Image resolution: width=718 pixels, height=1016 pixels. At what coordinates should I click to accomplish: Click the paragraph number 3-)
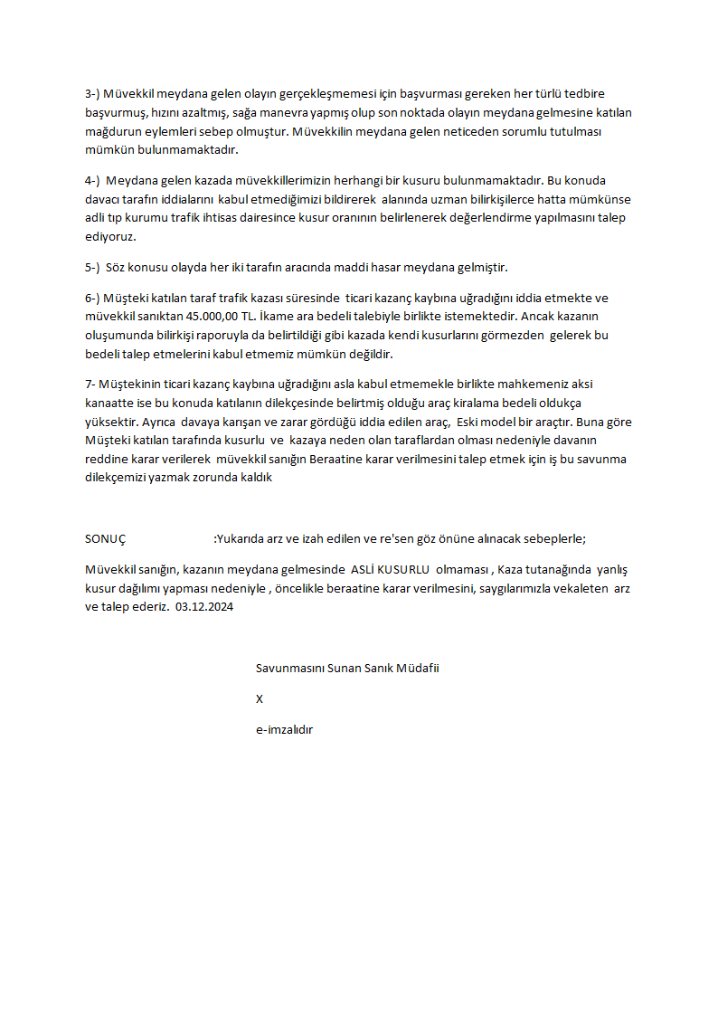pos(92,93)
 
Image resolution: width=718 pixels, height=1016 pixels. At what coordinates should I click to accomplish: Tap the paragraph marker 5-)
pos(92,267)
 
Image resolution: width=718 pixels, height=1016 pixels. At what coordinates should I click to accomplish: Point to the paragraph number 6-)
pos(92,298)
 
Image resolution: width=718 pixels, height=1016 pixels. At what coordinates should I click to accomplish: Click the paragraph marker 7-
pos(90,384)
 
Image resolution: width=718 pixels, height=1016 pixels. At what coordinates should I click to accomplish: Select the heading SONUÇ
pos(106,538)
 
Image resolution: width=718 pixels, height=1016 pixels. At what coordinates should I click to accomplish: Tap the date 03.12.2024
pos(205,607)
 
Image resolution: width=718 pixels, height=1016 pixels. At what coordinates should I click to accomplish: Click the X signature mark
pos(260,698)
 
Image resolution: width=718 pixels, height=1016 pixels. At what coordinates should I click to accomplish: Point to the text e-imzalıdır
pos(284,729)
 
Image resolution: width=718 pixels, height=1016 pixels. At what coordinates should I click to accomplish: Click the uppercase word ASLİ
pos(364,570)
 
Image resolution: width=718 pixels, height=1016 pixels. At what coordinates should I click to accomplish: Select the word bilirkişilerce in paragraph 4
pos(492,199)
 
